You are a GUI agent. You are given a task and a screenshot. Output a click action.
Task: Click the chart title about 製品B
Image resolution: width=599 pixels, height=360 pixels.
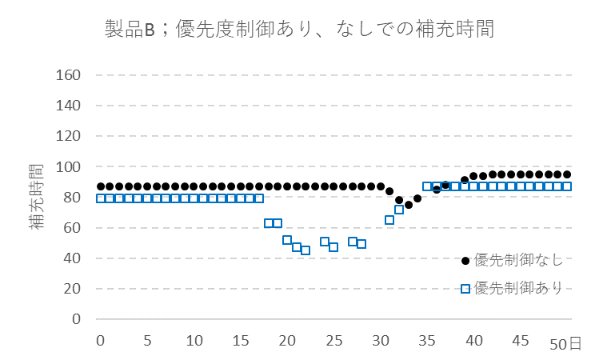299,30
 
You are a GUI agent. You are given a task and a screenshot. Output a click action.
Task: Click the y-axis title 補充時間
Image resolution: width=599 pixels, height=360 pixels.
37,197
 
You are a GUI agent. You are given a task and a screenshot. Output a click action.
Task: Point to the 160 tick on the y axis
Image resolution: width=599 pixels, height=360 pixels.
70,75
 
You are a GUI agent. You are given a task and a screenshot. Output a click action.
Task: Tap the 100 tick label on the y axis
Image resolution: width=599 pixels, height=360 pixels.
70,167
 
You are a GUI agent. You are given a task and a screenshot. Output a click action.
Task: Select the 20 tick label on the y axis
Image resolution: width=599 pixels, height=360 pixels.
74,289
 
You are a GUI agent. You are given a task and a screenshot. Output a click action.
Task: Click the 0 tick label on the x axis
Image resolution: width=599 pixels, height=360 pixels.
100,340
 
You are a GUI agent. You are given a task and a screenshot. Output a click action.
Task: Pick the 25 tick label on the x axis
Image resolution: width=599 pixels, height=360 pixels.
333,340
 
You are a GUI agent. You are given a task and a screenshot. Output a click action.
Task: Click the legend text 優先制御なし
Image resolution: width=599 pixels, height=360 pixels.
518,259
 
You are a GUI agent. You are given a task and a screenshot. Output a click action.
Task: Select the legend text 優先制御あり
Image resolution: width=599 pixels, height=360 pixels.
518,287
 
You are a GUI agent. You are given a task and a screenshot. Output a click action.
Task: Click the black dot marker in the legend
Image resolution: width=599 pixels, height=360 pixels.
465,259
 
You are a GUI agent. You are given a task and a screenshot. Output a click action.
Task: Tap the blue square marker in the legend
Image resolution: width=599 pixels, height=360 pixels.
465,288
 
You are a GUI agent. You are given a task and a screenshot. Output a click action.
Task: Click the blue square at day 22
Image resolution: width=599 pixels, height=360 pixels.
305,250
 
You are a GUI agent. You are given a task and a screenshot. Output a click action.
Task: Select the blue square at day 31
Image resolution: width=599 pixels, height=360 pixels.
389,220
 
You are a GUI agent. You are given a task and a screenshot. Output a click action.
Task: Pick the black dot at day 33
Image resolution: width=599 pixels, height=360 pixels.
408,205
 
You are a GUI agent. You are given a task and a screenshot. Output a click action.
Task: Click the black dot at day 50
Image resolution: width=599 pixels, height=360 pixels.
567,174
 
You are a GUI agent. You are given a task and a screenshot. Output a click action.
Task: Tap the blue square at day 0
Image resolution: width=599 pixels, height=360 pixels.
100,198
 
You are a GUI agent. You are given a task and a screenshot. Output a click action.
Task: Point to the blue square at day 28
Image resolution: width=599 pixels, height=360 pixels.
361,244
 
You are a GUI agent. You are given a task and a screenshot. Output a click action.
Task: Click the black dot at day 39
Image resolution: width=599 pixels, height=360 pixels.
464,180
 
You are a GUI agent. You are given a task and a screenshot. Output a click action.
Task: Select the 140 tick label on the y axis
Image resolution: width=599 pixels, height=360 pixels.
70,106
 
